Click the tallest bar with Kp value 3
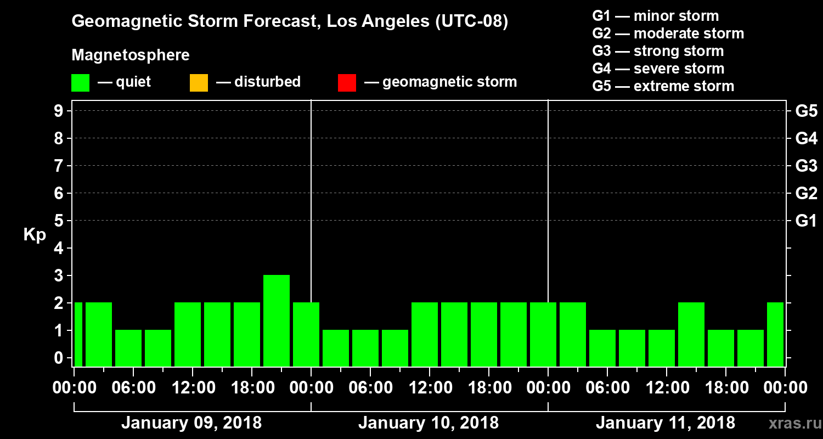point(277,320)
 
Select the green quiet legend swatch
point(80,82)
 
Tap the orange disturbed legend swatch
point(199,82)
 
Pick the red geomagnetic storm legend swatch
point(347,82)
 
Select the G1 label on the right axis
point(806,221)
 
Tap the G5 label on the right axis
point(806,111)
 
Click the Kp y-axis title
point(35,234)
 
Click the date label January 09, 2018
point(191,423)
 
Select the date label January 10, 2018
point(428,423)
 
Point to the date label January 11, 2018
point(665,423)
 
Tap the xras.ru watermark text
point(791,423)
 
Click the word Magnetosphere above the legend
point(131,55)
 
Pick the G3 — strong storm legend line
point(658,51)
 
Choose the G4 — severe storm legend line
point(658,69)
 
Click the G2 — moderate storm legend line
point(668,33)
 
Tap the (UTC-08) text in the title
point(471,22)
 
